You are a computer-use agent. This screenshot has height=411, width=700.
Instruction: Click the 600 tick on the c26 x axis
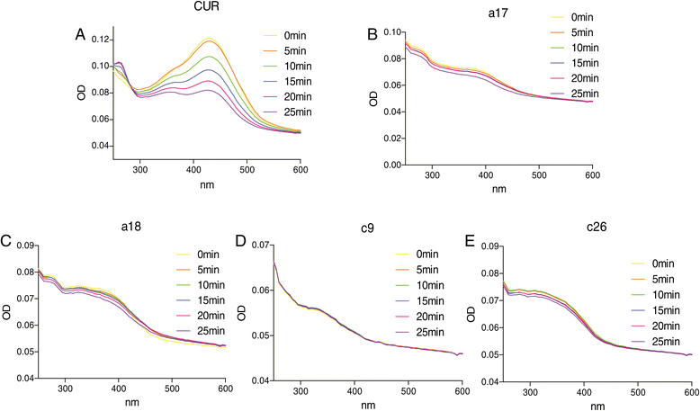click(689, 391)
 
